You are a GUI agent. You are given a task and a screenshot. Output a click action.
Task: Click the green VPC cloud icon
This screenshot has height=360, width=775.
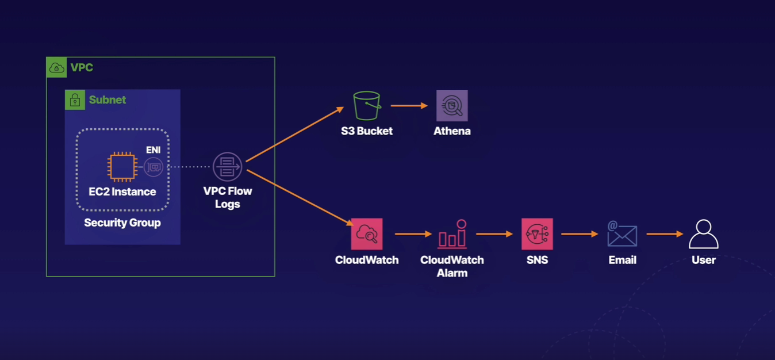pyautogui.click(x=56, y=67)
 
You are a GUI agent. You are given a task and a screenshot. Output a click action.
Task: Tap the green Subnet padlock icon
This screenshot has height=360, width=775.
pyautogui.click(x=75, y=100)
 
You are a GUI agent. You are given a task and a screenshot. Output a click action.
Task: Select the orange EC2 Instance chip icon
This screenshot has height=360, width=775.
pyautogui.click(x=122, y=167)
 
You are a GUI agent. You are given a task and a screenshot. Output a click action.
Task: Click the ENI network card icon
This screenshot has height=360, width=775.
pyautogui.click(x=154, y=167)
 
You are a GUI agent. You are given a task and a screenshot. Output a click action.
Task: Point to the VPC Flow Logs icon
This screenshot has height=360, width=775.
pyautogui.click(x=228, y=167)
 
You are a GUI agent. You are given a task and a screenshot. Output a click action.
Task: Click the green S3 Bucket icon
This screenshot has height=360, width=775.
pyautogui.click(x=367, y=106)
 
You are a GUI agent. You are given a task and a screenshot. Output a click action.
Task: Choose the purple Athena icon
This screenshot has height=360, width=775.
pyautogui.click(x=452, y=106)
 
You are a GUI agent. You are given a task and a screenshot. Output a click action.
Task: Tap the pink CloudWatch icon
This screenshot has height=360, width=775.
pyautogui.click(x=367, y=234)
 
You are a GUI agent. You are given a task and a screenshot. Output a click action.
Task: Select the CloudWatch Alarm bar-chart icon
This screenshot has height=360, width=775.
pyautogui.click(x=452, y=234)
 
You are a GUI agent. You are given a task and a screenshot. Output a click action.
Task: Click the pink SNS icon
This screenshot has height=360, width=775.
pyautogui.click(x=537, y=234)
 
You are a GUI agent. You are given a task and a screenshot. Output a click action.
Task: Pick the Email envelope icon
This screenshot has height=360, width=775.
pyautogui.click(x=622, y=234)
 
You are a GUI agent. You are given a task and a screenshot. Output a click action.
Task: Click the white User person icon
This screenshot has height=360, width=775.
pyautogui.click(x=704, y=234)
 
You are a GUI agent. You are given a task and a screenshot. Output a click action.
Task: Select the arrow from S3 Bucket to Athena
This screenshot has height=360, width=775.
pyautogui.click(x=409, y=106)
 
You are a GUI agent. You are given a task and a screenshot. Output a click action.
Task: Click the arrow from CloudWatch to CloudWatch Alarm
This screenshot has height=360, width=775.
pyautogui.click(x=413, y=234)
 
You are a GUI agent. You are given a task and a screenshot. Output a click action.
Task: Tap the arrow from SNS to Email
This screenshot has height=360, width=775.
pyautogui.click(x=580, y=234)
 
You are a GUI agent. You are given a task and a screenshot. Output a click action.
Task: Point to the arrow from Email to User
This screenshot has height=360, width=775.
pyautogui.click(x=664, y=234)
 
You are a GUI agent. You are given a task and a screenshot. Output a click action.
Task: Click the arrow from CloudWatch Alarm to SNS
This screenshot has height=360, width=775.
pyautogui.click(x=494, y=234)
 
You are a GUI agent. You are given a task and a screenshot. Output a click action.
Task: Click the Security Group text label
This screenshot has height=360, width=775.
pyautogui.click(x=122, y=223)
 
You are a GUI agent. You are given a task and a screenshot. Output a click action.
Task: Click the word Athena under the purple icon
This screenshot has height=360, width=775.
pyautogui.click(x=452, y=131)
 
